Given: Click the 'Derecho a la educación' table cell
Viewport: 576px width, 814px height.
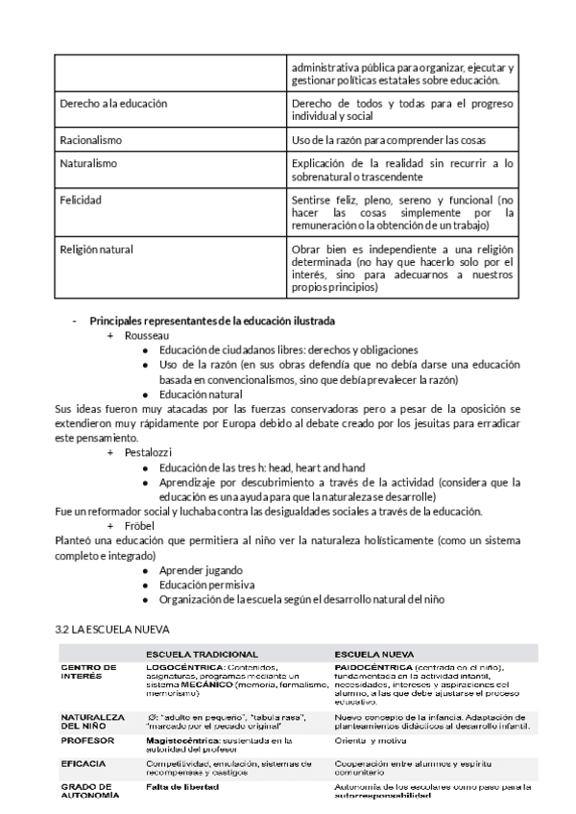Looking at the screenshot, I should [113, 103].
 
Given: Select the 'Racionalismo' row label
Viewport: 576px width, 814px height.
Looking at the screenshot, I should [90, 140].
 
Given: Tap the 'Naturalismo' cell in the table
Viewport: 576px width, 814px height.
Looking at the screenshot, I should [88, 163].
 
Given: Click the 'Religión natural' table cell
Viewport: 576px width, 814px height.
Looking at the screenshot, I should [96, 250].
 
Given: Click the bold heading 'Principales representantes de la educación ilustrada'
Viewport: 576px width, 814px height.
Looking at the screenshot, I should [212, 320].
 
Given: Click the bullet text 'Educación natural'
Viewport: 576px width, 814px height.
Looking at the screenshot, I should [201, 395].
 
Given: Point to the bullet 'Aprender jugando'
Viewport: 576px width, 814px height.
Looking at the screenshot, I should [201, 570].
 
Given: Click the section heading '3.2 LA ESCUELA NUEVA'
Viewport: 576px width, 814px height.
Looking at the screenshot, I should [112, 629].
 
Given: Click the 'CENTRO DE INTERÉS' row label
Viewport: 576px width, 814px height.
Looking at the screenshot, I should [88, 671].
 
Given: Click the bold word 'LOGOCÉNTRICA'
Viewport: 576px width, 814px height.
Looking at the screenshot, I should [184, 666].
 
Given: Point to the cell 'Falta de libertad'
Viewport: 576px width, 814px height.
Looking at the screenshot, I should [181, 786].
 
